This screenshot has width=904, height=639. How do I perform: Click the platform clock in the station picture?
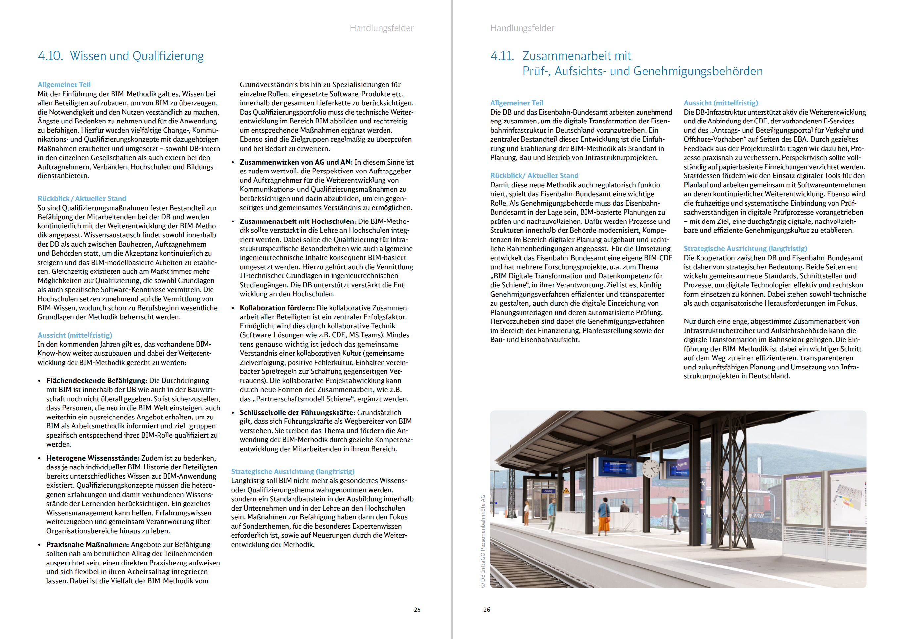(651, 468)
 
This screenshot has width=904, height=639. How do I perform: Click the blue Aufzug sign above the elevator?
(548, 491)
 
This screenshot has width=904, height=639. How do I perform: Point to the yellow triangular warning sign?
(566, 491)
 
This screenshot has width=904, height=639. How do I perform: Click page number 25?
(417, 610)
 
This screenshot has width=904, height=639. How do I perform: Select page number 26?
(487, 610)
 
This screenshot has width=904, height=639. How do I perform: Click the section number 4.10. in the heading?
(50, 56)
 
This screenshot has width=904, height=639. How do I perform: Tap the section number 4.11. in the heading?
(502, 56)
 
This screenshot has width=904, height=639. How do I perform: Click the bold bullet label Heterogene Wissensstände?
(93, 458)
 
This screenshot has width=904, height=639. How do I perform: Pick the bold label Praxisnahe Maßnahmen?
(87, 544)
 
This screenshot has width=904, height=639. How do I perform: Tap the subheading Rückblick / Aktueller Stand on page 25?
(82, 199)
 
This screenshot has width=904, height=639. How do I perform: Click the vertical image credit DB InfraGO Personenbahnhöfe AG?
(483, 541)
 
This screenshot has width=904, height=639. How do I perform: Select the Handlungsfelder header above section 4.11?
(522, 28)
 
